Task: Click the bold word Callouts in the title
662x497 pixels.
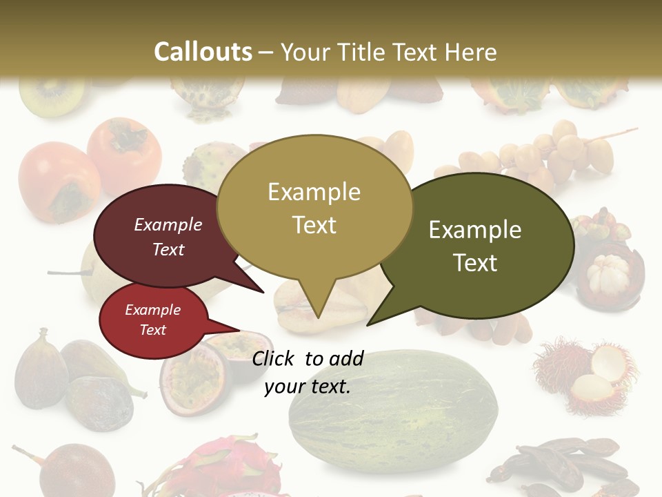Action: (x=203, y=52)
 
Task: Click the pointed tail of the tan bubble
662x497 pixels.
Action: (x=317, y=304)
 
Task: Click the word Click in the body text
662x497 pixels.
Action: (x=275, y=358)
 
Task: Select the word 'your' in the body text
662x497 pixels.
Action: (x=285, y=387)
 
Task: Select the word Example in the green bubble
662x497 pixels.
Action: (x=475, y=230)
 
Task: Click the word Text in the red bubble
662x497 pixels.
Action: (x=153, y=330)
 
